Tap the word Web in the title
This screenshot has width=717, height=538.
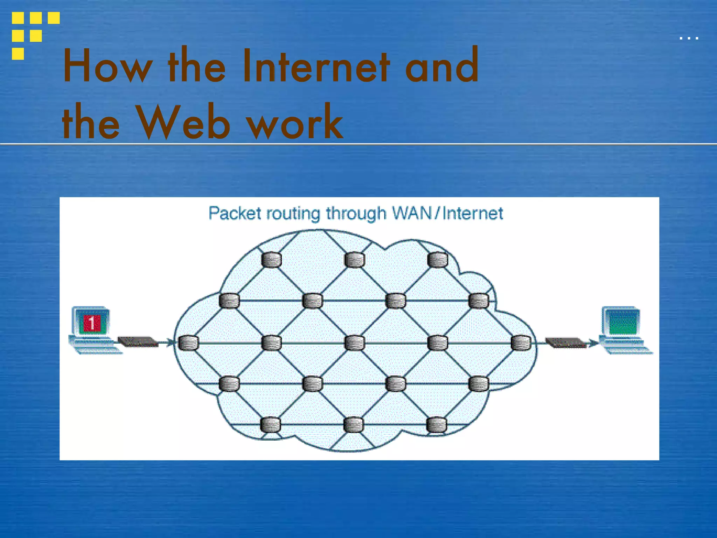click(183, 123)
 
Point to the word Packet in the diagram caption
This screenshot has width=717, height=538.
click(235, 213)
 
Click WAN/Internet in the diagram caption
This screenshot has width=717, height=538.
click(447, 213)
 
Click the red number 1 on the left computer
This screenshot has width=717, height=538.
click(92, 323)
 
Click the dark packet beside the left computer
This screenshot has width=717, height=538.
click(138, 342)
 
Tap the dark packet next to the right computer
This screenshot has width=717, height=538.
click(565, 342)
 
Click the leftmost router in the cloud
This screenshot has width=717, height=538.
click(188, 343)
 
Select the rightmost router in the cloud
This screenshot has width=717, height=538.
click(521, 343)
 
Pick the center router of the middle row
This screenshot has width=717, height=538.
click(355, 343)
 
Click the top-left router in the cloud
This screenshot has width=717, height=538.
click(271, 260)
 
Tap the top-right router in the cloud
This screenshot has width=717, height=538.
click(438, 260)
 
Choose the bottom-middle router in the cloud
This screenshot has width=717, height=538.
click(354, 425)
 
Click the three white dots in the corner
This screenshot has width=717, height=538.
click(689, 38)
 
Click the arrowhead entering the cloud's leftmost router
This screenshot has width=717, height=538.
click(170, 342)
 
